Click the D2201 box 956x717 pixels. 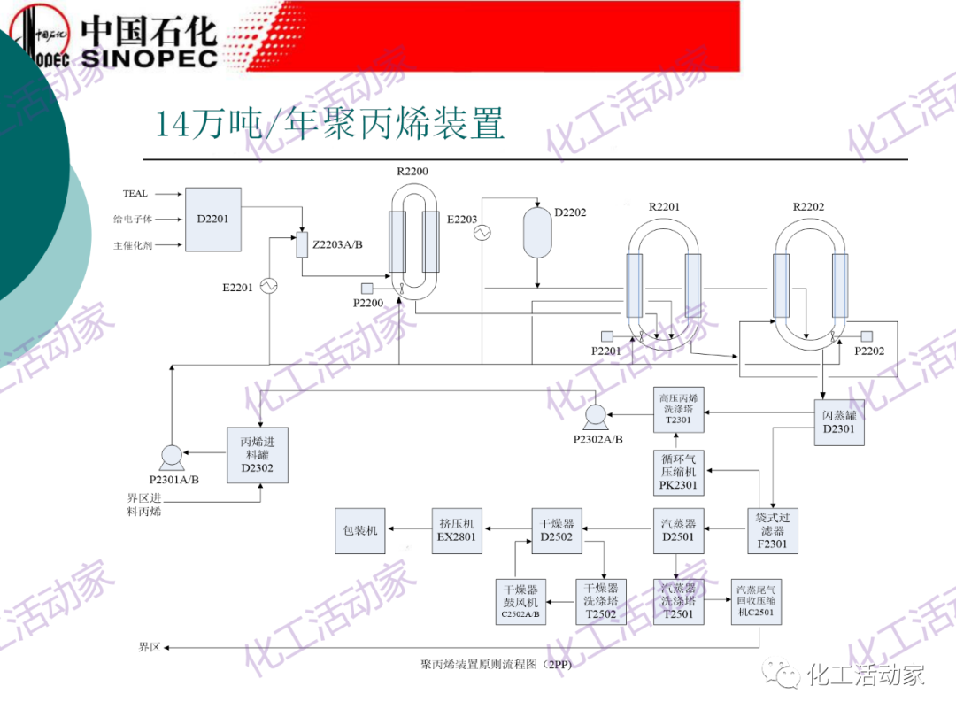pos(212,219)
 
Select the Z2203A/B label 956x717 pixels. pos(337,244)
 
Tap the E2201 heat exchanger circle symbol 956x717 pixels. pos(268,286)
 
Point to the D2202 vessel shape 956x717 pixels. pos(538,232)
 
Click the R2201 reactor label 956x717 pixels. pos(664,207)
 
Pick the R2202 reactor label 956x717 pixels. pos(808,207)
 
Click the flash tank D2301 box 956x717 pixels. pos(838,422)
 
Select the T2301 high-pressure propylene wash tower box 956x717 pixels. pos(679,410)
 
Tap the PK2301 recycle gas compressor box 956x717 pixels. pos(679,472)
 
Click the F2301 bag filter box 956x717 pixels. pos(771,530)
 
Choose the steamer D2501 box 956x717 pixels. pos(679,530)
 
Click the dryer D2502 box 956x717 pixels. pos(557,530)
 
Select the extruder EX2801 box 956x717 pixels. pos(457,530)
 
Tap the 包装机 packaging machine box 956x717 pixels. pos(360,530)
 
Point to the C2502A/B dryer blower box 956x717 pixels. pos(521,601)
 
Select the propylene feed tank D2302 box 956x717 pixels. pos(257,455)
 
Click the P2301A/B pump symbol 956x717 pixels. pos(171,456)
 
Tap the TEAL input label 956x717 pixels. pos(135,194)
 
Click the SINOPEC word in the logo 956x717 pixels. pos(150,58)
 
